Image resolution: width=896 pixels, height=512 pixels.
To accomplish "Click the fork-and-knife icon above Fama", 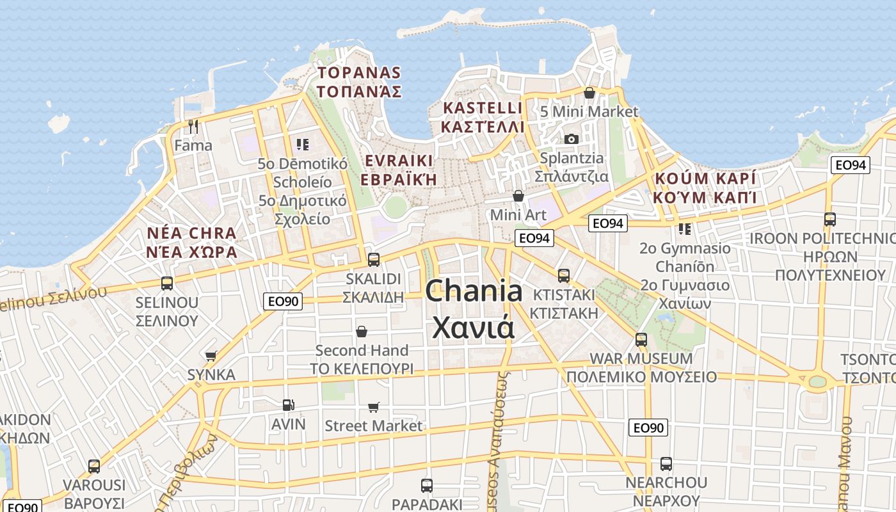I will point(193,126).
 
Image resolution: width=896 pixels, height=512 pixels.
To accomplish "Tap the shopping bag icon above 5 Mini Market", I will point(589,93).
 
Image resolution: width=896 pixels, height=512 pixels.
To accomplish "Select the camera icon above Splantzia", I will point(572,139).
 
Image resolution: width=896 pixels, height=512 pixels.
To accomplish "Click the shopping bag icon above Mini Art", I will point(518,196).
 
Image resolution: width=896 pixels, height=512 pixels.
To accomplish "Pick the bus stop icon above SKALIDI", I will point(374,260).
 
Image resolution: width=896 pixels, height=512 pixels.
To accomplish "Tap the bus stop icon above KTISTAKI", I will point(564,276).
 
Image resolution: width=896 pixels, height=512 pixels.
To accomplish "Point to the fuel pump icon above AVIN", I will point(289,405).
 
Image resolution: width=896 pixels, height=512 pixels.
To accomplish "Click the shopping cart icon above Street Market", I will point(374,407).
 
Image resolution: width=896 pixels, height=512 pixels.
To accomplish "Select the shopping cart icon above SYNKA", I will point(211,356).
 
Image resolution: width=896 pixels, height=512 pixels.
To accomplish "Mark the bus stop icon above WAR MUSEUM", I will point(641,340).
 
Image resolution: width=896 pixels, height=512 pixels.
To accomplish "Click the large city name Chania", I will point(474,292).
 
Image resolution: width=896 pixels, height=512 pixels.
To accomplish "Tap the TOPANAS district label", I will point(359,72).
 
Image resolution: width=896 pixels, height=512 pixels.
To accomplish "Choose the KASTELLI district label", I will point(482,108).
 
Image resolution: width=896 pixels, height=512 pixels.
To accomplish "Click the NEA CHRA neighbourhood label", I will point(191,232).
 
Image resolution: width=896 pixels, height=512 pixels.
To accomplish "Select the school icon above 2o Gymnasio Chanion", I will point(685,228).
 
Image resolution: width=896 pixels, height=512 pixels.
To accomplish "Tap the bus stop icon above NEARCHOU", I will point(666,464).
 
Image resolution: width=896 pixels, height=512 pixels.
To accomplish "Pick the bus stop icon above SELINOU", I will point(167,283).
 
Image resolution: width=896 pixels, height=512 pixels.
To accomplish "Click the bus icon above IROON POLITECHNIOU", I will point(830,220).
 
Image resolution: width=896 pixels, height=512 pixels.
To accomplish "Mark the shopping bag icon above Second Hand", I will point(362,332).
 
